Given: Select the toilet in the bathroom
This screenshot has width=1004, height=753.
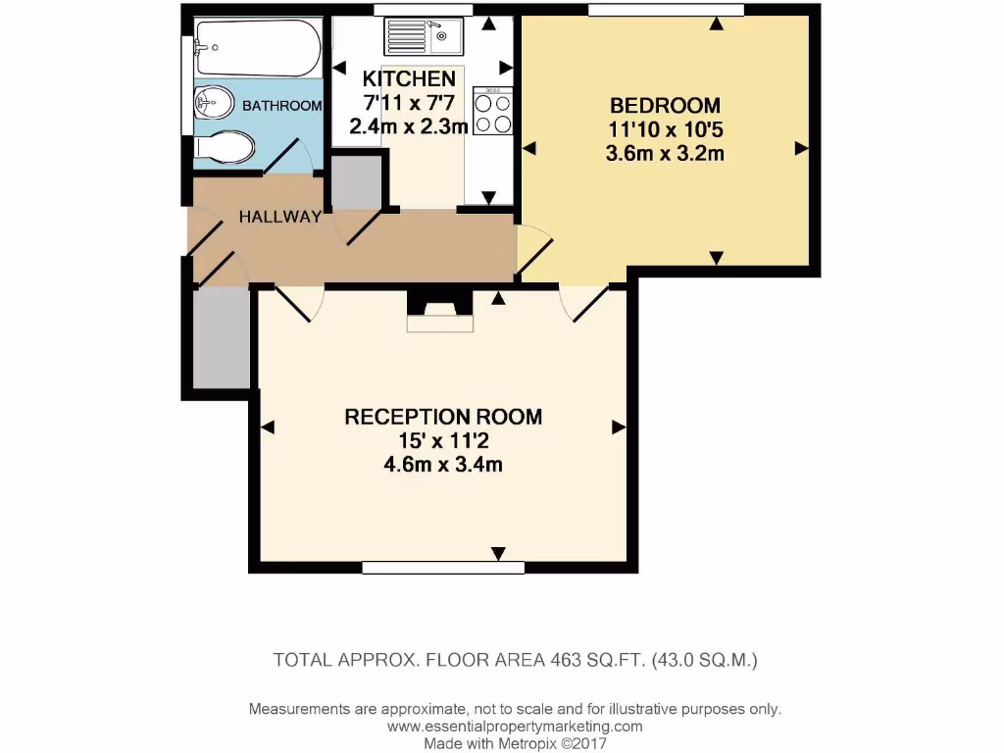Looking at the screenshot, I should tap(225, 148).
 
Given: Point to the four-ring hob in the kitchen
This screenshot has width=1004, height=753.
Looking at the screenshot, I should tap(492, 111).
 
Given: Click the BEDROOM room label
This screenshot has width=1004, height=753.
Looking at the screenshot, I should tap(665, 105).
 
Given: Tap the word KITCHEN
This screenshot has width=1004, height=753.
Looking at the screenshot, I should tap(409, 78).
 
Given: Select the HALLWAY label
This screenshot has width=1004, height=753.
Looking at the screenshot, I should tap(280, 217).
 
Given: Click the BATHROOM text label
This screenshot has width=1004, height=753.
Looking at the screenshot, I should tap(282, 106).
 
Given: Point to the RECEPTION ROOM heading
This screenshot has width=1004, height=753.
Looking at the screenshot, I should tap(443, 417).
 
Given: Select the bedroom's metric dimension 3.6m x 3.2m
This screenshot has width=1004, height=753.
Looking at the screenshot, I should tap(665, 153).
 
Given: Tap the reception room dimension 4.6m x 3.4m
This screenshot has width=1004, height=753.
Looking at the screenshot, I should tap(443, 465).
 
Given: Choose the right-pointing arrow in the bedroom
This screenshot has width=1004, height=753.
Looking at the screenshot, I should tap(801, 148).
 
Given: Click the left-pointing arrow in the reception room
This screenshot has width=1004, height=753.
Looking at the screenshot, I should tap(267, 427).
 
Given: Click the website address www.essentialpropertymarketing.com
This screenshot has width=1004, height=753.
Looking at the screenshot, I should tap(515, 727).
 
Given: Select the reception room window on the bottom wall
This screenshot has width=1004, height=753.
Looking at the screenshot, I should tap(429, 567).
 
